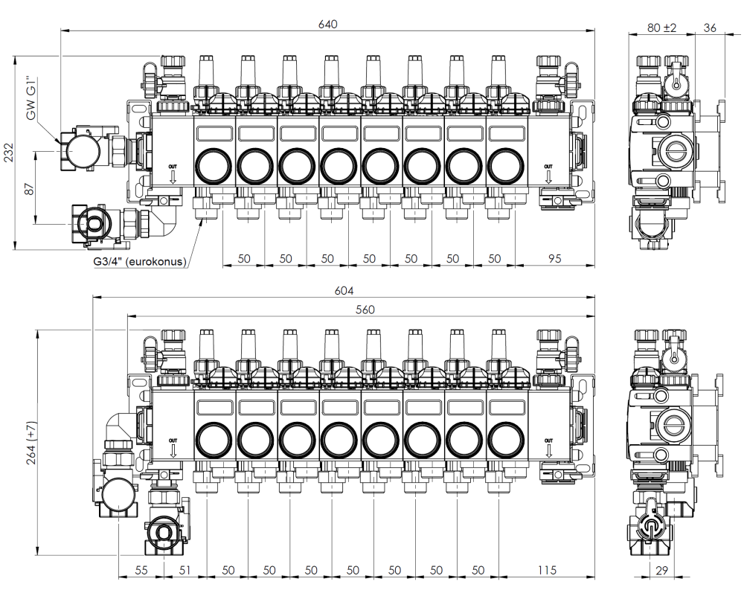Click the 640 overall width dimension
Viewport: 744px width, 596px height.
(328, 24)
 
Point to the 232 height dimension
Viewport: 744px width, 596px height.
(10, 153)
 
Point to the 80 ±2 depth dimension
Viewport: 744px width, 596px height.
(661, 28)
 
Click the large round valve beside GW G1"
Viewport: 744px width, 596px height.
(83, 150)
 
